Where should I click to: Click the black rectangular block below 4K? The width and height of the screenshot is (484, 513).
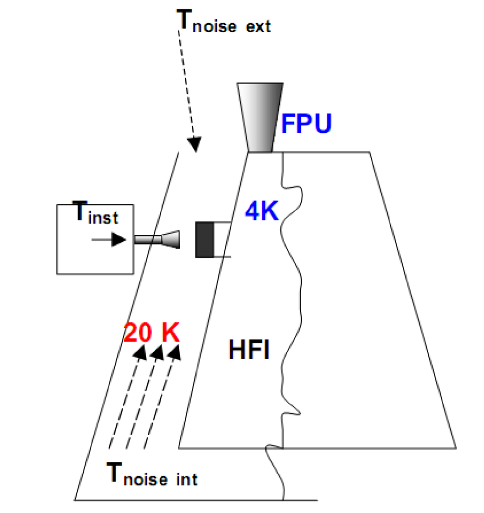click(x=205, y=239)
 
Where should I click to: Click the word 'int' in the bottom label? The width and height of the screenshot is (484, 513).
click(x=187, y=480)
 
